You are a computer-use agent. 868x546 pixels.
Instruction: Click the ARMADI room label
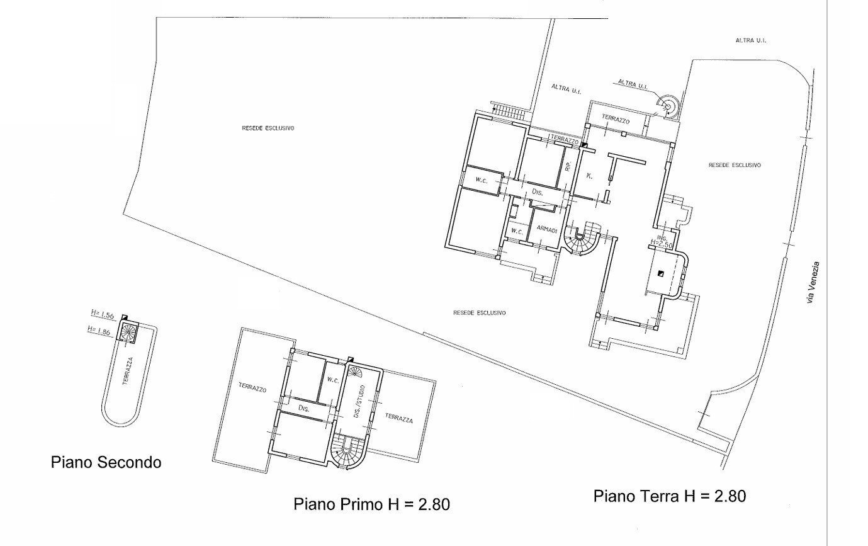pos(546,230)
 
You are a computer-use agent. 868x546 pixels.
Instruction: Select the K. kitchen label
pos(589,176)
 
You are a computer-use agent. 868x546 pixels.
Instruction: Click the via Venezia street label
pos(816,284)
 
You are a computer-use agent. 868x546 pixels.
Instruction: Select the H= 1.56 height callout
pos(101,313)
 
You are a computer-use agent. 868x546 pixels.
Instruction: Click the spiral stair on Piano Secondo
pos(128,332)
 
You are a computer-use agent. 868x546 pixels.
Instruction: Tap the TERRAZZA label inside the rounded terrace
pos(128,372)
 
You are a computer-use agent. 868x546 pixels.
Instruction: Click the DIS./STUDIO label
pos(359,401)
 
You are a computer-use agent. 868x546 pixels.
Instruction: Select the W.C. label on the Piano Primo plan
pos(333,380)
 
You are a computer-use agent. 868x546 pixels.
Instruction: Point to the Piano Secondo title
pos(106,463)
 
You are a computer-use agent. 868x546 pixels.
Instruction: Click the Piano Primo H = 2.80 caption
pos(371,504)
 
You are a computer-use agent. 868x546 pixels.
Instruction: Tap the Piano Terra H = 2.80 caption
pos(670,496)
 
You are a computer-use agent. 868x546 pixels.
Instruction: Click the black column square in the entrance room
pos(660,273)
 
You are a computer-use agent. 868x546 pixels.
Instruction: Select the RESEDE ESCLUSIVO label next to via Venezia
pos(734,165)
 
